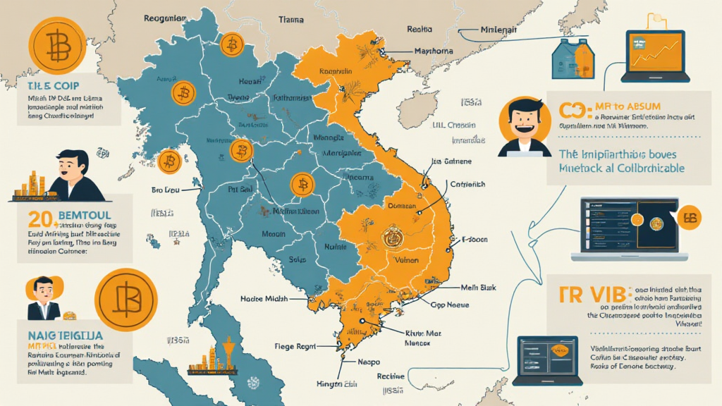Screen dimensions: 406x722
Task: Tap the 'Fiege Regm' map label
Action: [295, 347]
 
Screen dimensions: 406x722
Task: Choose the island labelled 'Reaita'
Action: [420, 30]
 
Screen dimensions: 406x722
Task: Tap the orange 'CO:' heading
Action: [572, 111]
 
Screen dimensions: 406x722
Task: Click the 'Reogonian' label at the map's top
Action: [166, 18]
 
